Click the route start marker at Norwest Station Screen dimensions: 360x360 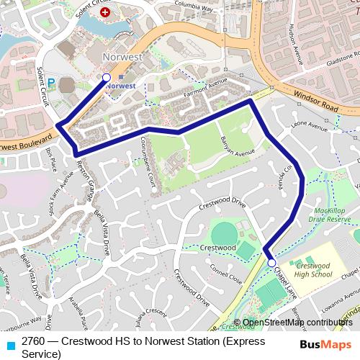(x=107, y=77)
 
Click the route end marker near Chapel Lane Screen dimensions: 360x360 (x=271, y=264)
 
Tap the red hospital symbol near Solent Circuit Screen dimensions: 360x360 (x=106, y=13)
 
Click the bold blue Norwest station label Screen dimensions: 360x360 (x=120, y=86)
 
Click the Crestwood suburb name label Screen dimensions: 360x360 (x=218, y=247)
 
